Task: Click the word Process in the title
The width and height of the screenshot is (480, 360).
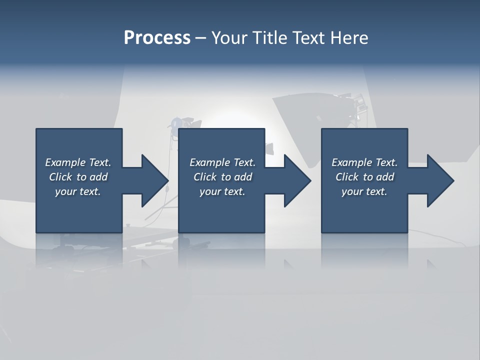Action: click(157, 37)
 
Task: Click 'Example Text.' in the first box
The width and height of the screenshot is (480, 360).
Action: click(78, 162)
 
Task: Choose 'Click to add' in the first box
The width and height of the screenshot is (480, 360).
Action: click(78, 177)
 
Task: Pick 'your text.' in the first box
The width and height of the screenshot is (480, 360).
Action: click(78, 191)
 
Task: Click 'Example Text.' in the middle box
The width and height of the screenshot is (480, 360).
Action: click(222, 162)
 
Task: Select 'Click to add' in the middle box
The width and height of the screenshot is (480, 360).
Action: click(222, 177)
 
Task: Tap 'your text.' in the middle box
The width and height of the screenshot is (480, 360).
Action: click(222, 191)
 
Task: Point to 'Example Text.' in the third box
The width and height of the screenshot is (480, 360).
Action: click(364, 162)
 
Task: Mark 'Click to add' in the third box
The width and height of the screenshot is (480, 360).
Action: click(364, 177)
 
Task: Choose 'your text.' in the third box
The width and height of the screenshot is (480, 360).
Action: click(364, 191)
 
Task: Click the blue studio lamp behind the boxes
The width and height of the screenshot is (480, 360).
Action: click(175, 123)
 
